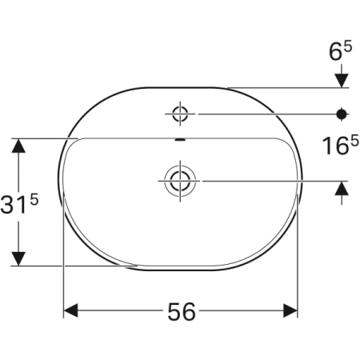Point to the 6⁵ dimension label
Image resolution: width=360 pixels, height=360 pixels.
click(x=340, y=52)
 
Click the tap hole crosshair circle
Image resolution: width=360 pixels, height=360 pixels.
click(x=180, y=113)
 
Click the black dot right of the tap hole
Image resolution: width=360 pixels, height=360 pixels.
click(x=342, y=114)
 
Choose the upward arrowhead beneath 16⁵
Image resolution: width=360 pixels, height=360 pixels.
click(x=342, y=188)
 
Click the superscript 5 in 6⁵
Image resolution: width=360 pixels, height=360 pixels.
click(x=348, y=46)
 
